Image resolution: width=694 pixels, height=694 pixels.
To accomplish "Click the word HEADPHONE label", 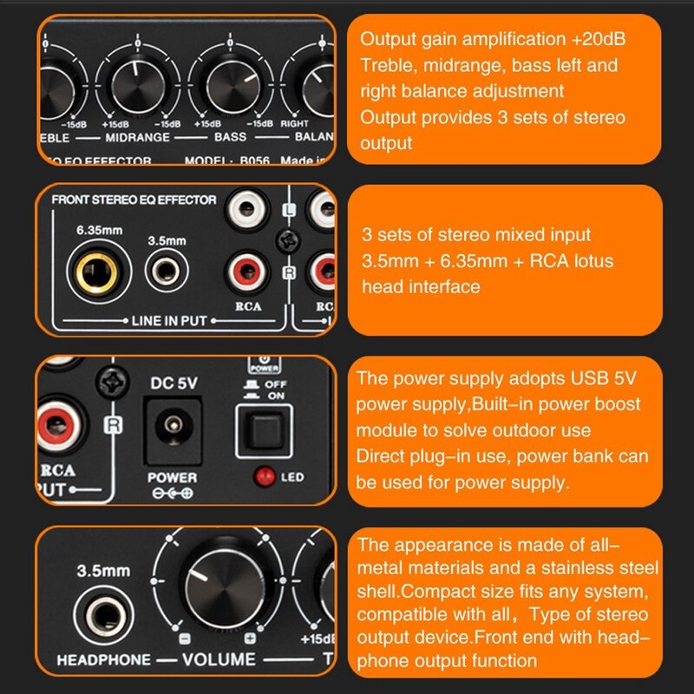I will tap(103, 660).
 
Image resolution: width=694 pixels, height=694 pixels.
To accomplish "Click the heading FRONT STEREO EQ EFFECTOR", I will tap(134, 200).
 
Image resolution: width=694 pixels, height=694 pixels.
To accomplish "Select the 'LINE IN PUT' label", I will tap(170, 320).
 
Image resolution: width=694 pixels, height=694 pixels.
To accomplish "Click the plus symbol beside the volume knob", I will tap(250, 638).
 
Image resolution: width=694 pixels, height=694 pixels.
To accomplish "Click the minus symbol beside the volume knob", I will tap(183, 638).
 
